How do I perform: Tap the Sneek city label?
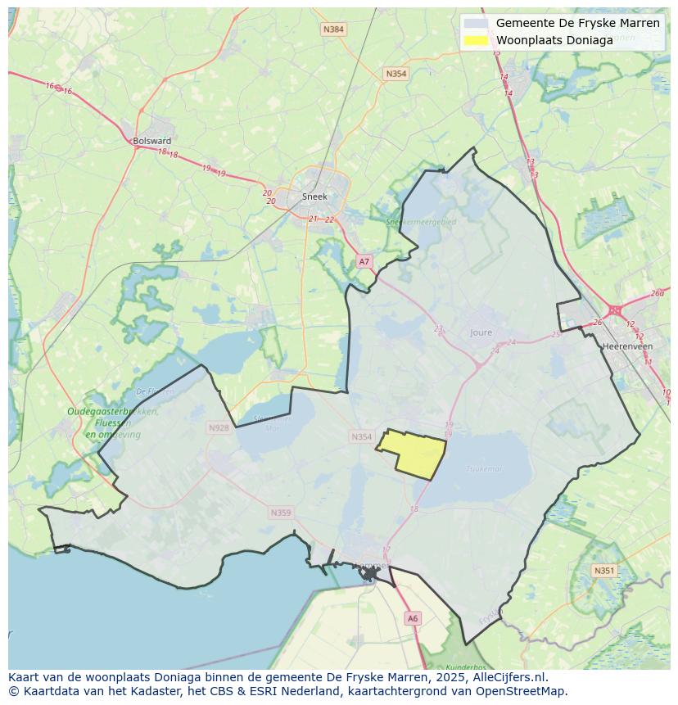[x=314, y=197]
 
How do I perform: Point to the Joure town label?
[x=481, y=332]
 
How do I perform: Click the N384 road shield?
[x=333, y=29]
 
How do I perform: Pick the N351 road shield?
[x=604, y=571]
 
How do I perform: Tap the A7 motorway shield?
[x=364, y=261]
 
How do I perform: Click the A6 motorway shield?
[x=413, y=619]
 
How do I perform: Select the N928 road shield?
[x=219, y=427]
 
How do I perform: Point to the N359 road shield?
[x=280, y=513]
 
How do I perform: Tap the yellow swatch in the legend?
[x=476, y=40]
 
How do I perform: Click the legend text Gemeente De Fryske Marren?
[x=577, y=23]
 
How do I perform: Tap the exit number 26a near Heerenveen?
[x=658, y=293]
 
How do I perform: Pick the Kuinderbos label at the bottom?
[x=468, y=667]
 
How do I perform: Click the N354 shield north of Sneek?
[x=395, y=74]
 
